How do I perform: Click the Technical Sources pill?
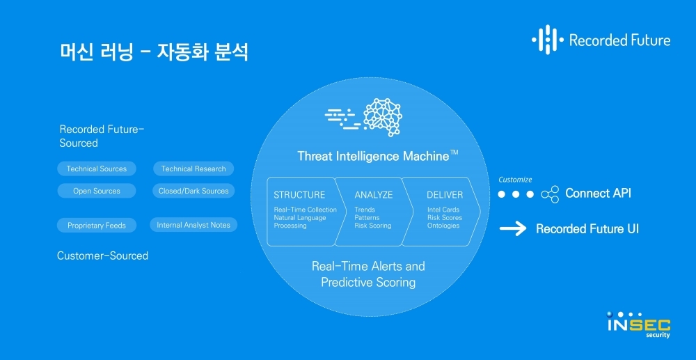[96, 169]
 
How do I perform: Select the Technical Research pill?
[193, 169]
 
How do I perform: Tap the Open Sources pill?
[96, 191]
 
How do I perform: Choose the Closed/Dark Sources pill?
[193, 191]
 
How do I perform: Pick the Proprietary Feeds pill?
[96, 225]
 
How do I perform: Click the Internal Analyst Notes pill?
[193, 225]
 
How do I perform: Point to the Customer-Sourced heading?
[102, 256]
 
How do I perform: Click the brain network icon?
[382, 117]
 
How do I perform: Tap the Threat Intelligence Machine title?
[377, 156]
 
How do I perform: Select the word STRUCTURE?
[299, 195]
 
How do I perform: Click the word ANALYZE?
[374, 195]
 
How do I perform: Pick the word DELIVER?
[445, 195]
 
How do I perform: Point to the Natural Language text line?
[300, 217]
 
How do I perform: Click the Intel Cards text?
[443, 210]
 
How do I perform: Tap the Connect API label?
[598, 193]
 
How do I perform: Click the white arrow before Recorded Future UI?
[513, 228]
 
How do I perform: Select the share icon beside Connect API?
[550, 194]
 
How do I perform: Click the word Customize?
[515, 180]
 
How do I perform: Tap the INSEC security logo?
[639, 325]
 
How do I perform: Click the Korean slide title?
[154, 52]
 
